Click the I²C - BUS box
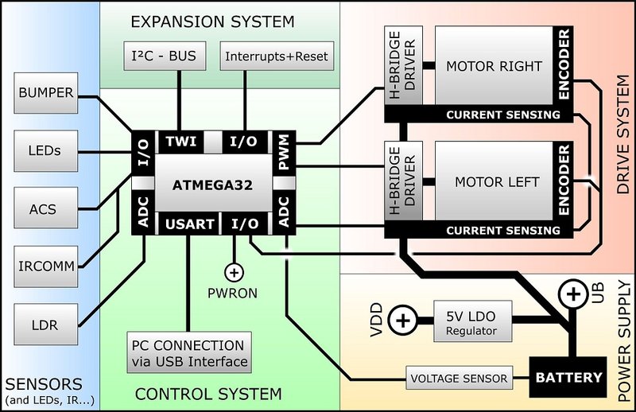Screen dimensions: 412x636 (x=168, y=56)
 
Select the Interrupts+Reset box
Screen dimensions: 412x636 (x=276, y=56)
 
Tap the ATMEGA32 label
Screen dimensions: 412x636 (x=208, y=185)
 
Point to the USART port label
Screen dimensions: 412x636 (x=188, y=224)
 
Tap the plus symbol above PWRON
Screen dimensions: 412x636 (x=234, y=273)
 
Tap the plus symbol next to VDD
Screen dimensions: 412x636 (x=404, y=321)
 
